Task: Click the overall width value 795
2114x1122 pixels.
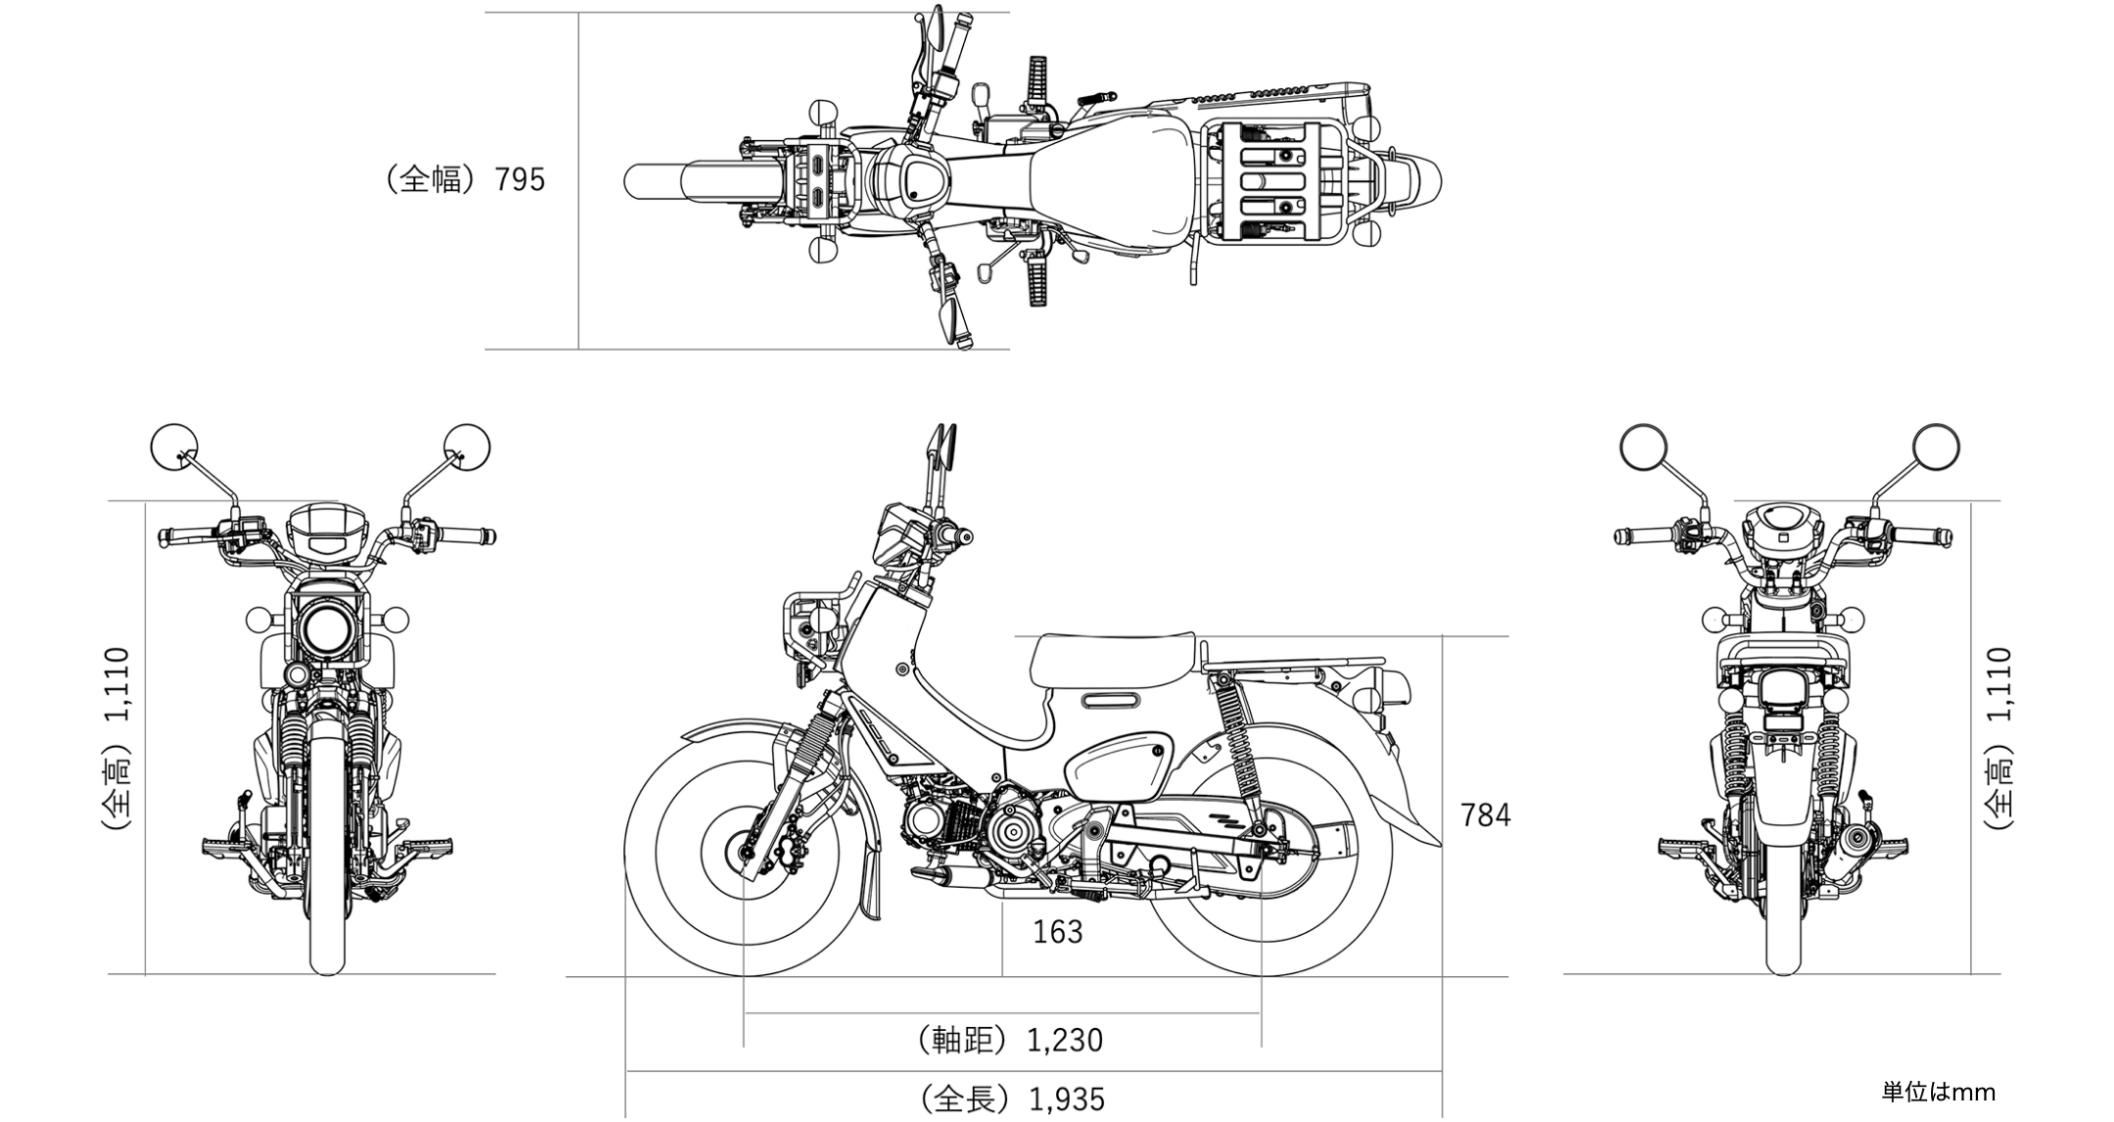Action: (520, 180)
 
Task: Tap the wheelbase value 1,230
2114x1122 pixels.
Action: (1065, 1040)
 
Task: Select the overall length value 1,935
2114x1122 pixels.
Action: (1067, 1099)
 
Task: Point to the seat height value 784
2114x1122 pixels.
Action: (1486, 815)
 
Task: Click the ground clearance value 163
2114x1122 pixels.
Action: (1058, 932)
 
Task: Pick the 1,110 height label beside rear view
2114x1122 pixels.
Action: (1999, 685)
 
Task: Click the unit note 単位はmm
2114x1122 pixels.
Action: (1938, 1092)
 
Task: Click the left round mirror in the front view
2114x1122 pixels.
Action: (174, 447)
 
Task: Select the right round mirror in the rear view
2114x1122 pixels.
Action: (1936, 447)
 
